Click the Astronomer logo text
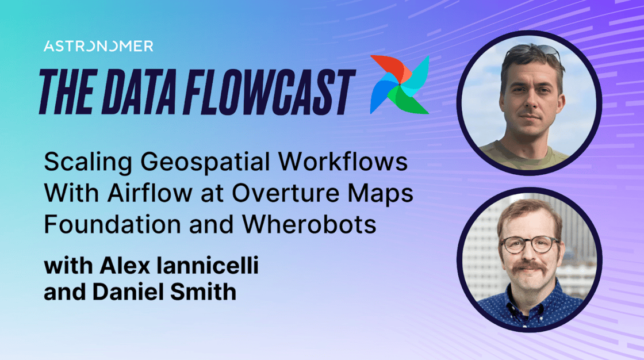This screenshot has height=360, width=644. [98, 47]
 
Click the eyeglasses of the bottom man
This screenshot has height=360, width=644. [529, 245]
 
